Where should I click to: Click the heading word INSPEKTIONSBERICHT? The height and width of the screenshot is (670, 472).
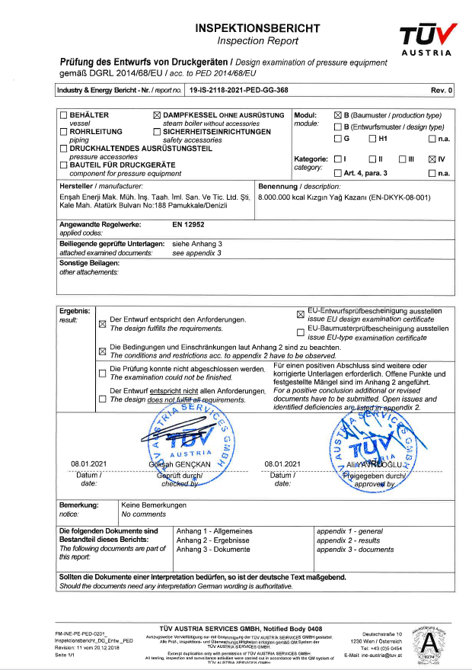coord(257,28)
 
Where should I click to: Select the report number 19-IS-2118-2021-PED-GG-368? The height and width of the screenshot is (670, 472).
coord(240,90)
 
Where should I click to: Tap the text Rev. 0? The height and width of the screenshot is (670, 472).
coord(442,90)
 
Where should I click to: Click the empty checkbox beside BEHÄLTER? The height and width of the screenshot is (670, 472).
coord(63,116)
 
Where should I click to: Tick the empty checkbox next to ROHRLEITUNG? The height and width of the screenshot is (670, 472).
coord(63,132)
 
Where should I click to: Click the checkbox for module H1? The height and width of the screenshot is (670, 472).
coord(372,139)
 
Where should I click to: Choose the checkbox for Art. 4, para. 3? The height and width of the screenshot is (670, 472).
coord(338,174)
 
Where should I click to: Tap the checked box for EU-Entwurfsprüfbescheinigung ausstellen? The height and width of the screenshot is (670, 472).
coord(300,313)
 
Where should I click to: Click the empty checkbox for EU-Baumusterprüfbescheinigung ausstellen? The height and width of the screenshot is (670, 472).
coord(300,332)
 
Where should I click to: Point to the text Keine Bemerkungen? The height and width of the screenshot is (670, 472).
coord(154,505)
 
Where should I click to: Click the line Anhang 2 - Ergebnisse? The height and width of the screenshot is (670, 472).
coord(214,540)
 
